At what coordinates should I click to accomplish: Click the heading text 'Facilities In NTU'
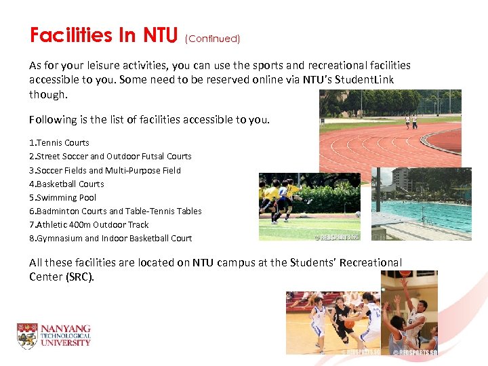click(x=103, y=35)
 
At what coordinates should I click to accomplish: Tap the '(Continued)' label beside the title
click(x=212, y=39)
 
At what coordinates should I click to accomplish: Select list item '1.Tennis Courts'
click(x=59, y=143)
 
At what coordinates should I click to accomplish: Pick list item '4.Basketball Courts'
click(x=66, y=184)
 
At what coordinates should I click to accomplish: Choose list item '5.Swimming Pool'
click(x=62, y=197)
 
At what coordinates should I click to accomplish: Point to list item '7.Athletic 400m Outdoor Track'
click(x=89, y=224)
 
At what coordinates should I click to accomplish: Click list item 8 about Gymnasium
click(x=110, y=238)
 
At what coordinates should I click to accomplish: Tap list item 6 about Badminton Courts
click(x=115, y=211)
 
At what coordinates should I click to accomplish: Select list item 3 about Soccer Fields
click(x=105, y=170)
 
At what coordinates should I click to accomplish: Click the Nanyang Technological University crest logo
click(x=27, y=336)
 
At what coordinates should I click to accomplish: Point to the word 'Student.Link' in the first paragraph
click(x=364, y=80)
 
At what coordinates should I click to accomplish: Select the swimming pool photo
click(x=421, y=203)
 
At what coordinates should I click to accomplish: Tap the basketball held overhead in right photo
click(x=405, y=274)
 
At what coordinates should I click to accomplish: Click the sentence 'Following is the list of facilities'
click(x=149, y=119)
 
